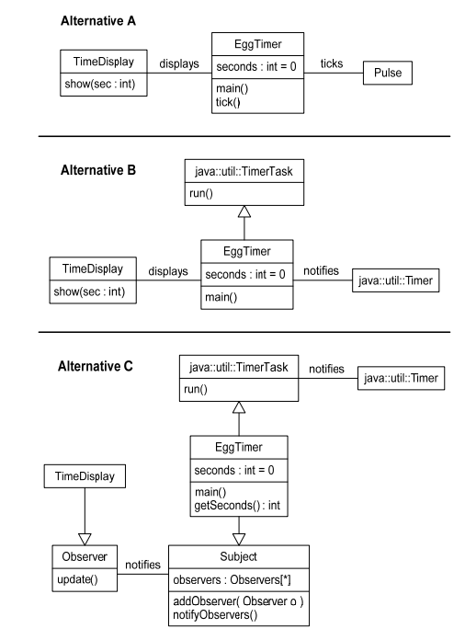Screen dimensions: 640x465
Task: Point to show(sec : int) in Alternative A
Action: [x=99, y=81]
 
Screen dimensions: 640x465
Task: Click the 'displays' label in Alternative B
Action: [x=166, y=272]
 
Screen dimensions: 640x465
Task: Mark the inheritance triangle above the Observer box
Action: [x=84, y=539]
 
